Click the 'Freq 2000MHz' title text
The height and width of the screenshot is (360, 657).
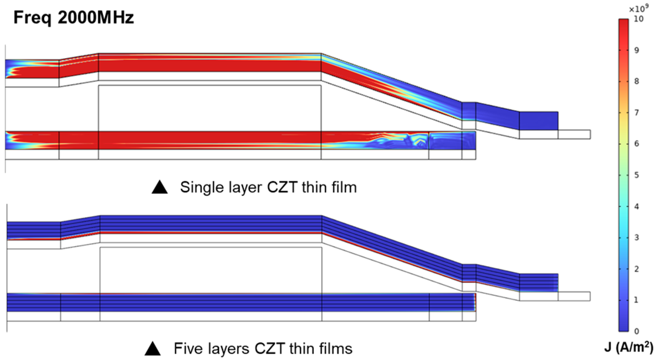74,17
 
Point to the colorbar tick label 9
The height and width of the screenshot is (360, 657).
637,50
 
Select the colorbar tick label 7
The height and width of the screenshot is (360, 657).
637,113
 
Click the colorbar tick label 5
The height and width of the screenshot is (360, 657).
637,175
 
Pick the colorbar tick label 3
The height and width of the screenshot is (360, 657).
637,238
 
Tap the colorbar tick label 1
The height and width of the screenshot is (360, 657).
637,300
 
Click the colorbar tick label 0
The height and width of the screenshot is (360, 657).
637,331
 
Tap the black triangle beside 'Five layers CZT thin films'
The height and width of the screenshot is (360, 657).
153,349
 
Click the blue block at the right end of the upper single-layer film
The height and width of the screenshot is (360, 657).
538,121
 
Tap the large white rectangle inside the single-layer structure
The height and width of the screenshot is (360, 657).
210,108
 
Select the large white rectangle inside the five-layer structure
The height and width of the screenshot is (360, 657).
211,270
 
